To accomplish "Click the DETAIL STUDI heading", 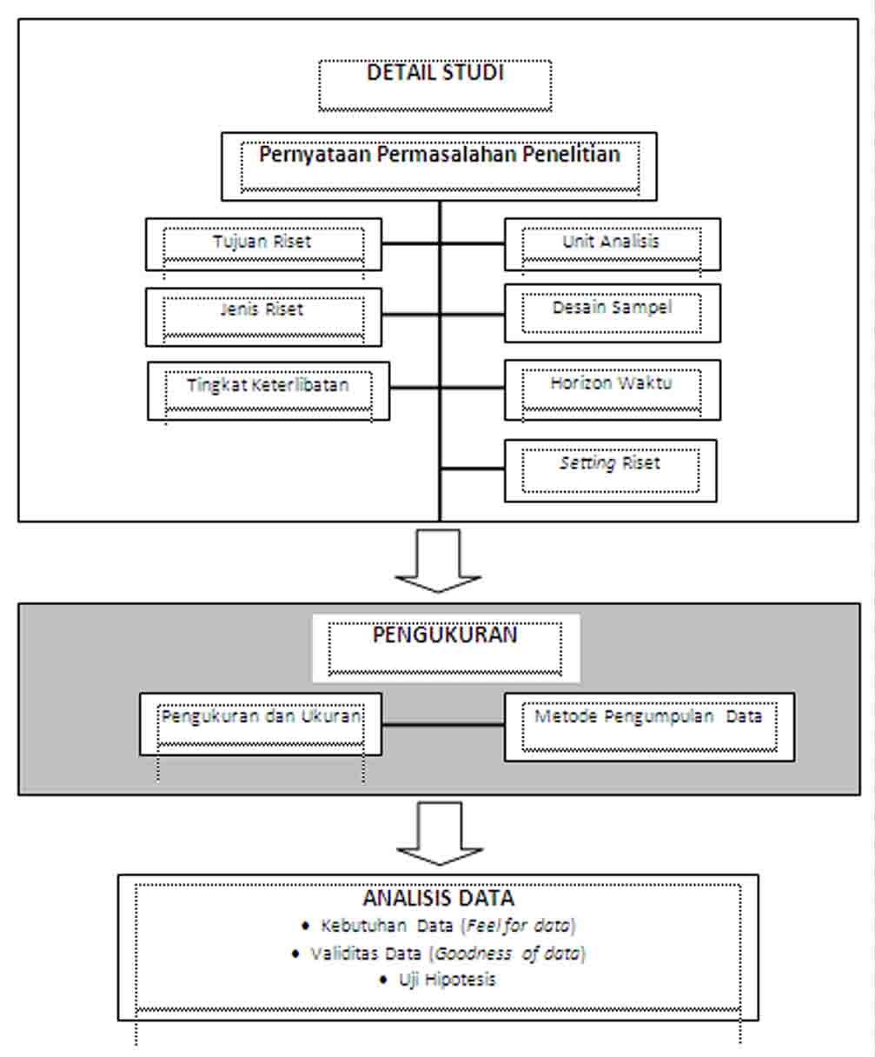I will click(434, 73).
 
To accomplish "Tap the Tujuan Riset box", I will click(263, 243).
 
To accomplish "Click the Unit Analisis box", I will click(612, 243).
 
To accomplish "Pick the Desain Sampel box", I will click(612, 312).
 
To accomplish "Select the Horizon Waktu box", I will click(612, 389).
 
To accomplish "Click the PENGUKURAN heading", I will click(445, 635).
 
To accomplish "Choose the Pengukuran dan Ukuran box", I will click(261, 723).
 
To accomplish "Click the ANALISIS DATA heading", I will click(438, 897).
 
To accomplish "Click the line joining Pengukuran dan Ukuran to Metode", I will click(442, 724).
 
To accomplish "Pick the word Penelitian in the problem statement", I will click(567, 155).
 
